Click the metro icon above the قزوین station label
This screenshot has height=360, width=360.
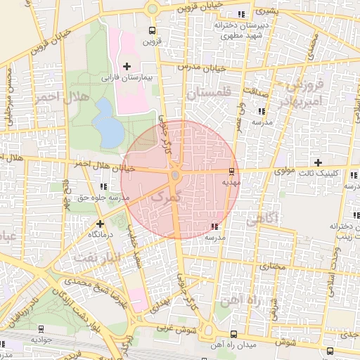point(152,30)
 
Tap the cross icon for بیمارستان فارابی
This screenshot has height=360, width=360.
point(127,67)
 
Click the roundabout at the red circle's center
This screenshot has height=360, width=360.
point(175,174)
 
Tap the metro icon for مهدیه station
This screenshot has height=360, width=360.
point(231,171)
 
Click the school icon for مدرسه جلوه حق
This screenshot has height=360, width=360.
point(103,187)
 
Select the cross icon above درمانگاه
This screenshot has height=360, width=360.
point(100,224)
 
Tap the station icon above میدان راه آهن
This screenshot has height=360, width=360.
point(233,334)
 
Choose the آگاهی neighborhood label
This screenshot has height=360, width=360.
point(262,219)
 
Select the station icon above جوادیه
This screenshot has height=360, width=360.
point(40,328)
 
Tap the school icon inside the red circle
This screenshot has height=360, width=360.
point(214,226)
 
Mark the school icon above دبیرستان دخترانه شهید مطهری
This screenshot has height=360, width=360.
point(242,14)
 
